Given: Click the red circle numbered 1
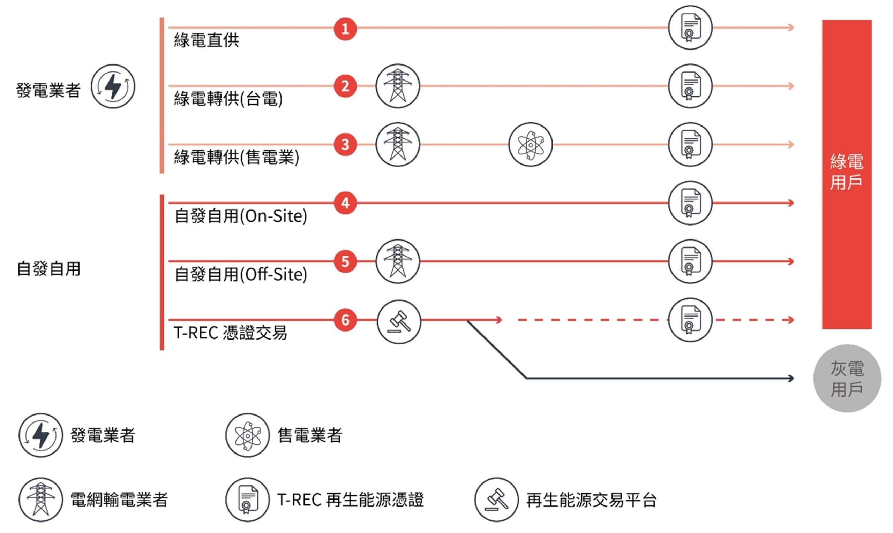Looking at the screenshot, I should pyautogui.click(x=345, y=29).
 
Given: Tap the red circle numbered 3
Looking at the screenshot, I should pyautogui.click(x=345, y=144).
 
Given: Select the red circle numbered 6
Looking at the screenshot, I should pyautogui.click(x=345, y=320).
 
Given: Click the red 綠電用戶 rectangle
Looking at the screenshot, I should pyautogui.click(x=847, y=174).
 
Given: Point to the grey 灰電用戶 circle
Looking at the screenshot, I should pyautogui.click(x=847, y=378).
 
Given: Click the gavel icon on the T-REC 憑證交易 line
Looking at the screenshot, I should pyautogui.click(x=398, y=322).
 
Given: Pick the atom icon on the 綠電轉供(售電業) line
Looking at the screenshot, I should pyautogui.click(x=531, y=145).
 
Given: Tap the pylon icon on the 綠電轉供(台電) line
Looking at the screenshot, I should pyautogui.click(x=397, y=86).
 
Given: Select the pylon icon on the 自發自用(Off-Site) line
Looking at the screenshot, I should pyautogui.click(x=397, y=261).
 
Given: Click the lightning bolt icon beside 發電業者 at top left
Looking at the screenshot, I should pyautogui.click(x=113, y=86).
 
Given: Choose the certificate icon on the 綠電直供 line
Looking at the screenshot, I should pyautogui.click(x=690, y=28).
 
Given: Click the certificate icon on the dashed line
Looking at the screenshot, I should pyautogui.click(x=690, y=320).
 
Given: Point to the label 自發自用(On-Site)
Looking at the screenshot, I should pyautogui.click(x=240, y=216).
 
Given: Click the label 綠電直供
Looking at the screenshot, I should pyautogui.click(x=207, y=40).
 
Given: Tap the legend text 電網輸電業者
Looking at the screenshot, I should pyautogui.click(x=119, y=500).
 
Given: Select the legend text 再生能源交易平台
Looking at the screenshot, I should pyautogui.click(x=592, y=500).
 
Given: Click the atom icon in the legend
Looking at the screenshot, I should pyautogui.click(x=247, y=435).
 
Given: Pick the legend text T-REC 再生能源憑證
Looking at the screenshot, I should pyautogui.click(x=350, y=500).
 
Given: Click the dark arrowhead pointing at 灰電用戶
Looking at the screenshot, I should pyautogui.click(x=790, y=378).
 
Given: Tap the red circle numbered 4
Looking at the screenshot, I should pyautogui.click(x=345, y=203).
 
